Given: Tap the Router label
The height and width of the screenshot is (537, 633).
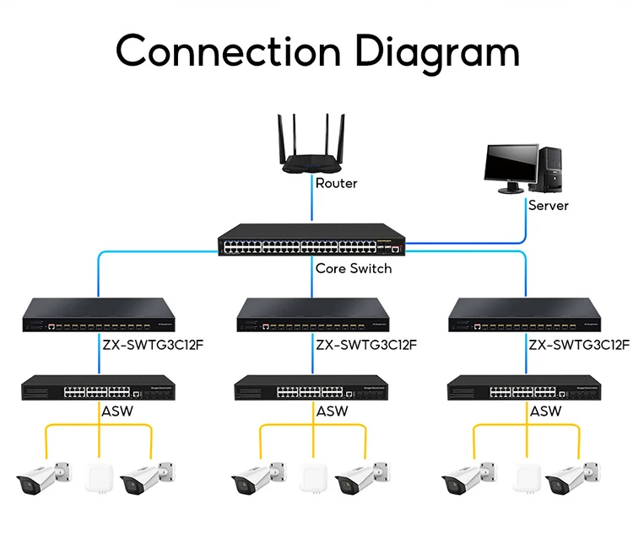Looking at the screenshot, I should point(336,183).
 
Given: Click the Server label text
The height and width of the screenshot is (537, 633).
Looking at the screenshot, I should point(548,205).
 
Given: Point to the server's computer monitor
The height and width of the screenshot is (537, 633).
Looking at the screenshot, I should point(511,164).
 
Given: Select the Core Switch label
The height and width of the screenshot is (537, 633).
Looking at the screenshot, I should point(353,268).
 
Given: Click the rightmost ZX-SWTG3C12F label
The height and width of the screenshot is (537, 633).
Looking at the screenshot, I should point(578,344).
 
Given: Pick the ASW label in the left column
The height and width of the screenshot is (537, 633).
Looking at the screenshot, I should point(118,411).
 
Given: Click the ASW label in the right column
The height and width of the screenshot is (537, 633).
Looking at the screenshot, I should point(545,411).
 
